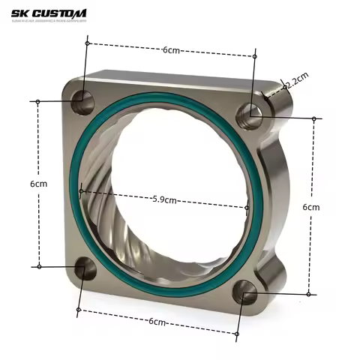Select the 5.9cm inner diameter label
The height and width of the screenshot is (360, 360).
pyautogui.click(x=164, y=199)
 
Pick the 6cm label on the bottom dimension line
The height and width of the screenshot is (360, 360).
pyautogui.click(x=157, y=321)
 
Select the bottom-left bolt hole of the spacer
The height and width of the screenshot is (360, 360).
pyautogui.click(x=85, y=268)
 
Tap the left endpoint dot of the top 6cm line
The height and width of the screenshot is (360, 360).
pyautogui.click(x=88, y=43)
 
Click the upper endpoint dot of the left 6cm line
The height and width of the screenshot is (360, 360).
pyautogui.click(x=37, y=100)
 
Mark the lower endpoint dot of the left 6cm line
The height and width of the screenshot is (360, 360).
pyautogui.click(x=37, y=265)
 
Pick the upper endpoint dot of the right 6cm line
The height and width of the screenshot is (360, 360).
pyautogui.click(x=314, y=118)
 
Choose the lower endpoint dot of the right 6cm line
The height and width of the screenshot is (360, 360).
pyautogui.click(x=308, y=294)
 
